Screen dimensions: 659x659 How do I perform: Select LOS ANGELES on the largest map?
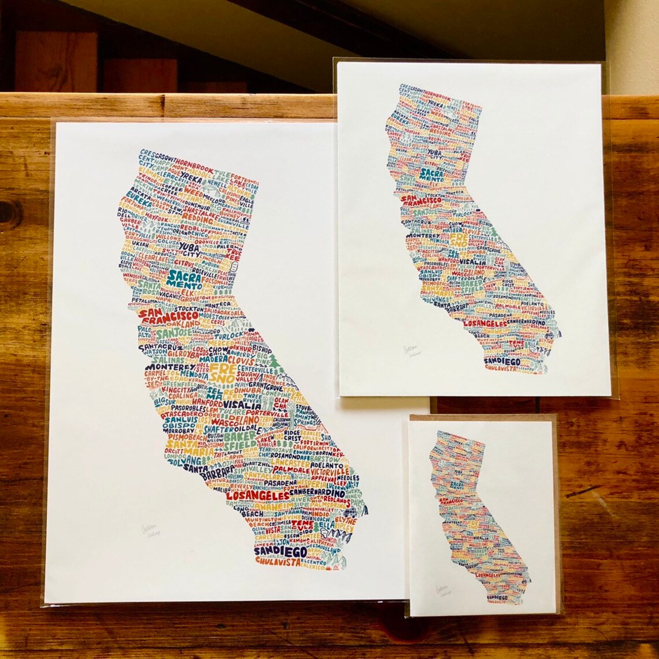(257, 496)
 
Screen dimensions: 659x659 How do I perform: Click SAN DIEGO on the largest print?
(280, 551)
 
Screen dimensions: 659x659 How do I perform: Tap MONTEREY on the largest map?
(171, 366)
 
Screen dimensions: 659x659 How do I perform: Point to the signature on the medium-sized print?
(413, 351)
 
